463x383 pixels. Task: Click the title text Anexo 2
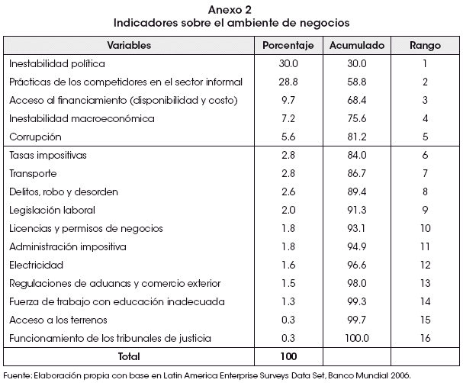(230, 10)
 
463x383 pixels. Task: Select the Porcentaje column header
(288, 46)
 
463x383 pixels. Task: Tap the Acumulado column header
(357, 45)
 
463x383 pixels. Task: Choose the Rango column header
(425, 46)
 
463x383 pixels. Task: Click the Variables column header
(129, 45)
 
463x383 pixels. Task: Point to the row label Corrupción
(35, 137)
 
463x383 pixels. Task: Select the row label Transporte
(33, 173)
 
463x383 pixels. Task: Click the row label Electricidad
(37, 265)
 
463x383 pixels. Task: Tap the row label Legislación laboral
(53, 211)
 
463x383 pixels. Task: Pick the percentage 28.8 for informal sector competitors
(288, 82)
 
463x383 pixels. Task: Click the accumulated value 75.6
(357, 118)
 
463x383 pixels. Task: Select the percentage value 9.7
(288, 100)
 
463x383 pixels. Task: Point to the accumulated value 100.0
(357, 338)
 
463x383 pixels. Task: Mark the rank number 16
(425, 338)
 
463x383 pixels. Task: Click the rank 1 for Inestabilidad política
(425, 63)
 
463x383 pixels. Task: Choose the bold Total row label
(129, 357)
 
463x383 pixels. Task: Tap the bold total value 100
(288, 357)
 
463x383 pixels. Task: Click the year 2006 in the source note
(400, 376)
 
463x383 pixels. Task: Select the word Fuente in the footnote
(17, 376)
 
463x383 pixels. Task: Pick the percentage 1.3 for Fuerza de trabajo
(288, 301)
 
